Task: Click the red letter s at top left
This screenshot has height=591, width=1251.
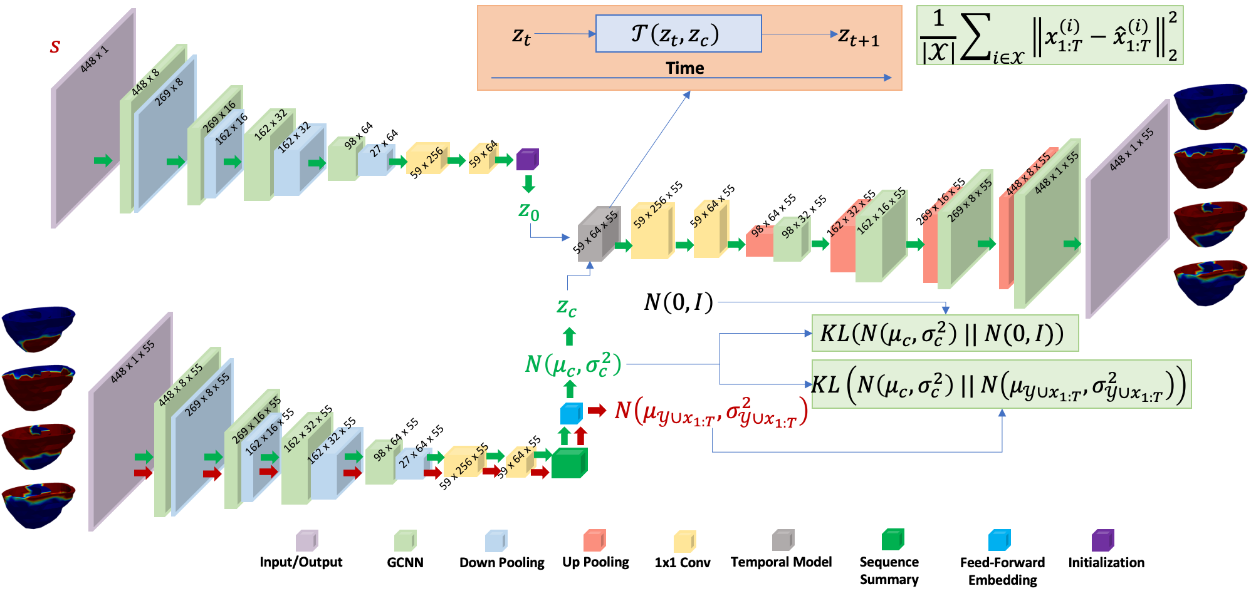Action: point(55,46)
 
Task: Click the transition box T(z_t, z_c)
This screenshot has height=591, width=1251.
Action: point(678,34)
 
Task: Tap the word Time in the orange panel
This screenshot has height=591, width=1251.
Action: point(684,68)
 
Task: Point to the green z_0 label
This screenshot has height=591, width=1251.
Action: point(528,212)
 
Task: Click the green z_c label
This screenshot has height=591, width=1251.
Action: point(567,307)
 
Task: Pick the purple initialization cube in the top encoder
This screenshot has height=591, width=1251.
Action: point(527,159)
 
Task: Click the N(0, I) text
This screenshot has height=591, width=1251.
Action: point(678,302)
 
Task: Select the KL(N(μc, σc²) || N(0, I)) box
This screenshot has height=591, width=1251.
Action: point(945,333)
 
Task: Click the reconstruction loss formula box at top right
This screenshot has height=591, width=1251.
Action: point(1049,35)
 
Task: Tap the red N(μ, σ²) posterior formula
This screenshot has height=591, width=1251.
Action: point(711,412)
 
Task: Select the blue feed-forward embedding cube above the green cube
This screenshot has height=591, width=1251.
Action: point(571,413)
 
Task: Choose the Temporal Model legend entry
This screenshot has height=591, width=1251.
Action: point(781,562)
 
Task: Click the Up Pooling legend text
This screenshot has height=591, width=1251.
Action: point(595,562)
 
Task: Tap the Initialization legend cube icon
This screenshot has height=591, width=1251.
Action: point(1102,540)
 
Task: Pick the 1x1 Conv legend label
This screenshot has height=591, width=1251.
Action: point(683,562)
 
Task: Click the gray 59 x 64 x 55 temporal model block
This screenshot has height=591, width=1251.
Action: point(599,234)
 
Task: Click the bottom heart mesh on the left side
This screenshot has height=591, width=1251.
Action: point(38,505)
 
